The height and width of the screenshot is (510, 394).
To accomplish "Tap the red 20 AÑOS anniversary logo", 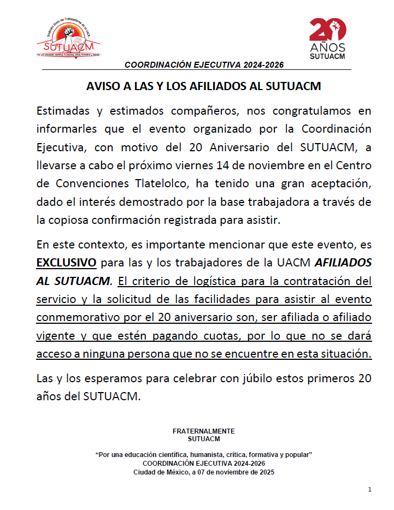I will [327, 38].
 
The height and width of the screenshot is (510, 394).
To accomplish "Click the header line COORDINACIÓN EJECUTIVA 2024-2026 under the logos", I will [204, 64].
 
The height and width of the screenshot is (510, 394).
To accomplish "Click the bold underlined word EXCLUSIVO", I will [66, 263].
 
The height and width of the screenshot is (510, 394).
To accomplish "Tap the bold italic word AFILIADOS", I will [343, 263].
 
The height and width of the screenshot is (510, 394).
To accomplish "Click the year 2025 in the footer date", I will [265, 472].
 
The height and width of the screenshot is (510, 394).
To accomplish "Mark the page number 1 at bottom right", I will [370, 489].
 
